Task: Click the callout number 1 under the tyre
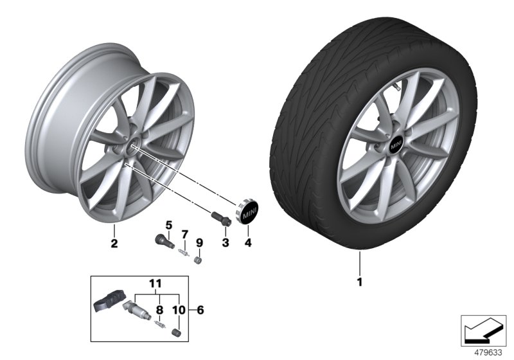(360, 281)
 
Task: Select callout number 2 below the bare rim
(114, 243)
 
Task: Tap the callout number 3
(225, 242)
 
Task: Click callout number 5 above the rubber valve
(170, 224)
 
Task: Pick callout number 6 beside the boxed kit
(200, 310)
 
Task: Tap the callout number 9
(199, 242)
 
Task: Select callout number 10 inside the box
(179, 310)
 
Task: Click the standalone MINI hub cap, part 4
(246, 212)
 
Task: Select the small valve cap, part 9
(199, 262)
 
